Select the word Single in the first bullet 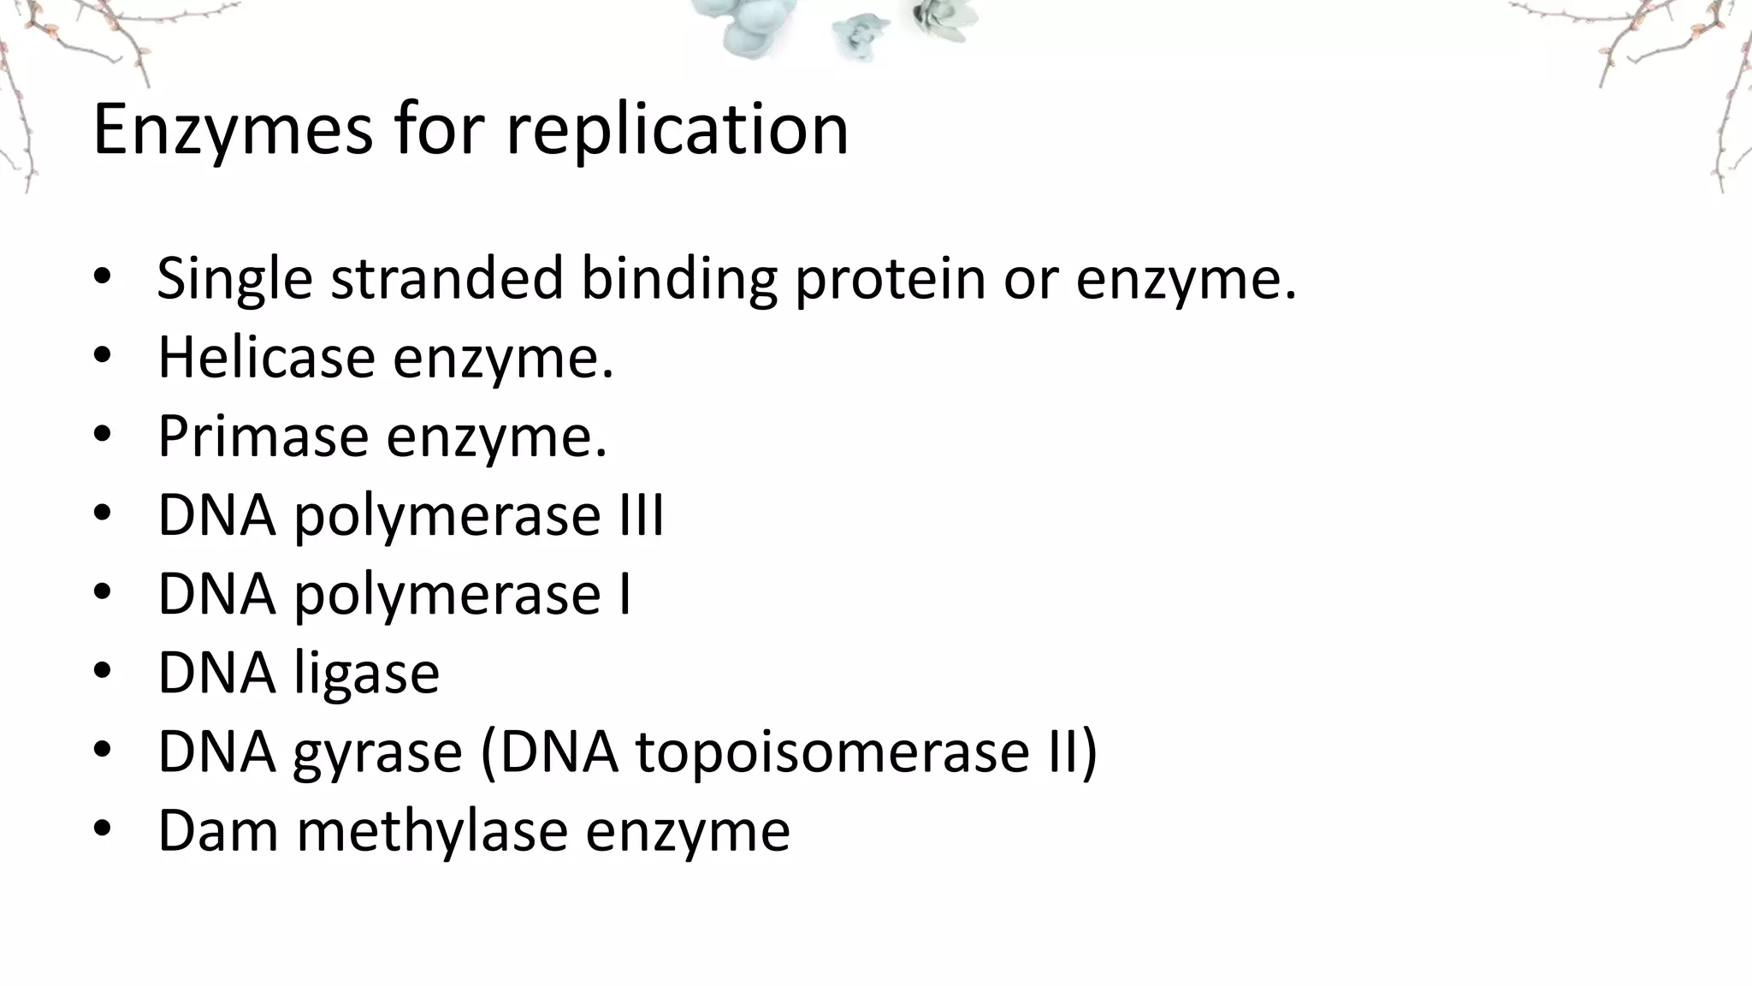(234, 279)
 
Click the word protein (890, 279)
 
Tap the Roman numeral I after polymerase (625, 593)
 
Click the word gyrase (377, 752)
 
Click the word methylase (432, 829)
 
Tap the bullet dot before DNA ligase (103, 672)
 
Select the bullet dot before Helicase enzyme (103, 356)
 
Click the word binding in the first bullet (679, 279)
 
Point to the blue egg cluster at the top (753, 26)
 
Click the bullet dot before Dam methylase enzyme (103, 829)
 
